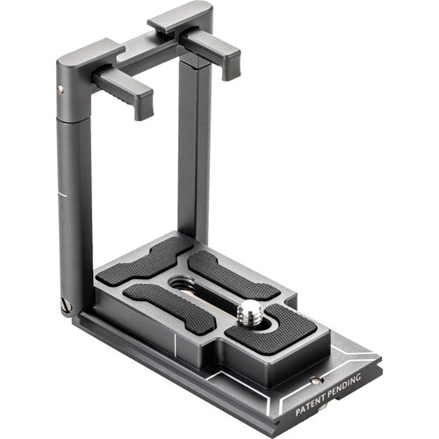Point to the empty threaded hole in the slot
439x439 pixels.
[185, 283]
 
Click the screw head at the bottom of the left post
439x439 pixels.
[66, 305]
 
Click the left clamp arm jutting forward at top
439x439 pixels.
[123, 89]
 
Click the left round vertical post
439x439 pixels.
[75, 202]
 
